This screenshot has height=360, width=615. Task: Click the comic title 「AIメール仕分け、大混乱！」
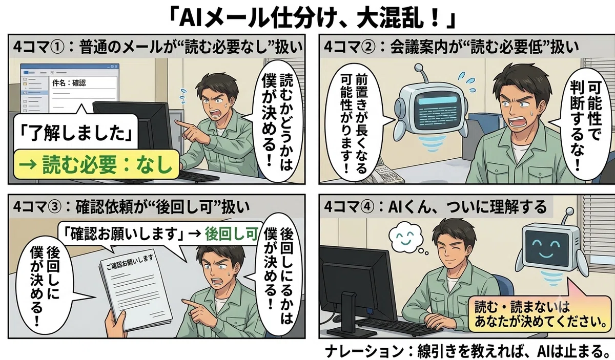coord(312,19)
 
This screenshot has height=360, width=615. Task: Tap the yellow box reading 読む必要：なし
coord(96,164)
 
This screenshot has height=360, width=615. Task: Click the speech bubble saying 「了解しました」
coord(76,132)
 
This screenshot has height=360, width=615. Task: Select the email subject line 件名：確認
coord(69,83)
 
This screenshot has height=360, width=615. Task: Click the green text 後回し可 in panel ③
coord(232,234)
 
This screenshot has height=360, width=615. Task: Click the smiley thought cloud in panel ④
coord(405,239)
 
